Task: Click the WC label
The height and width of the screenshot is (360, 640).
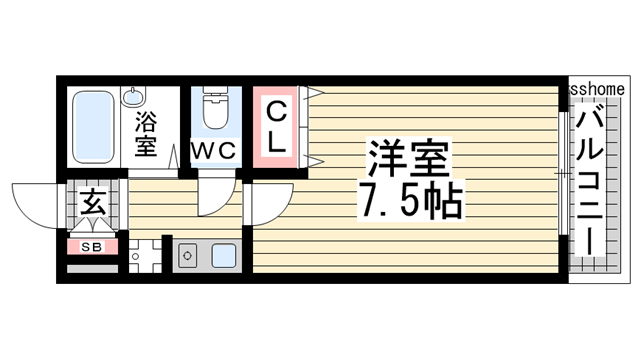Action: click(x=213, y=151)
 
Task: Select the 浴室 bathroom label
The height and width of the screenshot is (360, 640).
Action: click(x=146, y=135)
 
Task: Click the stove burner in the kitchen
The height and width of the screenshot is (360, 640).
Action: click(x=186, y=256)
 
